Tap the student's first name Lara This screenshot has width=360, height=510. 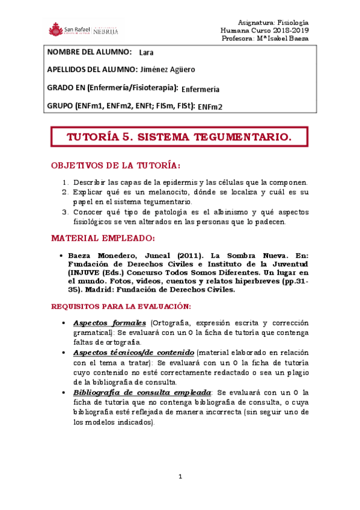(x=146, y=52)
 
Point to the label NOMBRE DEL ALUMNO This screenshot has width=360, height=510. (x=89, y=52)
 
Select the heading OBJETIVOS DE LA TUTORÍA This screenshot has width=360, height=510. (x=116, y=165)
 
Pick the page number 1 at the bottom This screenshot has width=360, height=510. (x=180, y=476)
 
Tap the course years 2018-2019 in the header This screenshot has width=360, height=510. (x=289, y=29)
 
